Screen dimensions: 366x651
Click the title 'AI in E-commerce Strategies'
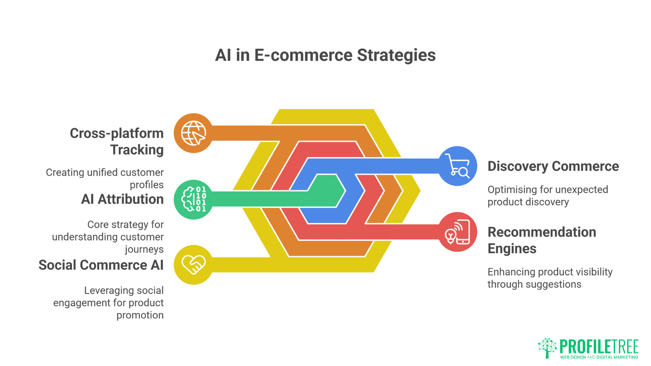[325, 55]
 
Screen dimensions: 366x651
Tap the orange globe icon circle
[193, 133]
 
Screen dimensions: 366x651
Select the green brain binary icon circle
[193, 199]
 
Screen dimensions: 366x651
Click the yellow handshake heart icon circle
[193, 265]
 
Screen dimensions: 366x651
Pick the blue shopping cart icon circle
[457, 166]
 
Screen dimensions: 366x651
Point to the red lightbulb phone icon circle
[457, 232]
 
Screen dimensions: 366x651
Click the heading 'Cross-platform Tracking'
[117, 141]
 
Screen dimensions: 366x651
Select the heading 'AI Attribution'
[122, 199]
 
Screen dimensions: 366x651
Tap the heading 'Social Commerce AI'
[101, 265]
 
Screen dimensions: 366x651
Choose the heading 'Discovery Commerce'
[553, 166]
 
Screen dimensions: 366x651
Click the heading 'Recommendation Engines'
[541, 240]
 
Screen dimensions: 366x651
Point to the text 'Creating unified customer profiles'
[105, 179]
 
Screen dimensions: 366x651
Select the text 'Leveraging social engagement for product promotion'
[108, 303]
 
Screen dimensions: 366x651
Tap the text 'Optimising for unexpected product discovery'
[548, 196]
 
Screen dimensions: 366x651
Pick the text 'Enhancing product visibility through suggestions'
[550, 278]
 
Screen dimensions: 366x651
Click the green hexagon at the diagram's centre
[327, 190]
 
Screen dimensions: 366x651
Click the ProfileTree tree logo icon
[547, 348]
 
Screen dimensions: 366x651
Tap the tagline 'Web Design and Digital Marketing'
[599, 357]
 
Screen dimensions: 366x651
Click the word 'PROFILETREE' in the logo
[599, 346]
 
